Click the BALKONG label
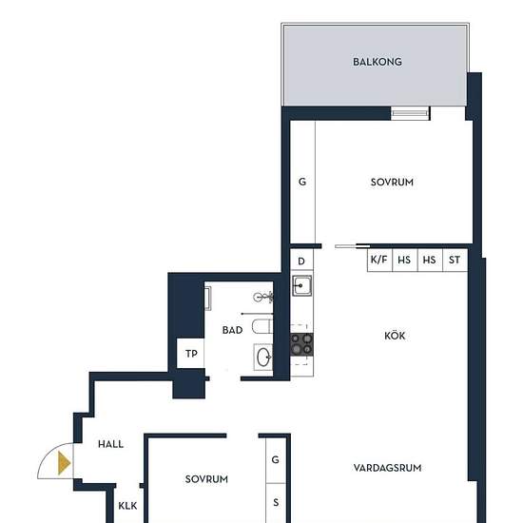(378, 62)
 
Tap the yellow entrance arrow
(64, 463)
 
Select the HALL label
(110, 444)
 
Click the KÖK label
(395, 336)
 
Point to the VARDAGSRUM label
(387, 468)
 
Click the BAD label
(232, 330)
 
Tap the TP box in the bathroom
(190, 353)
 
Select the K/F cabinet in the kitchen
(379, 260)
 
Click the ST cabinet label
(455, 260)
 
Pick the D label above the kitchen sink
(301, 261)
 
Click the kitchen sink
(301, 285)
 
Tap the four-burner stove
(301, 344)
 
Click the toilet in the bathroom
(262, 326)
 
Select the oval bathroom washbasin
(263, 357)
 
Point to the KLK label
(127, 506)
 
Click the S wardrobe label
(276, 502)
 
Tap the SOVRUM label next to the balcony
(392, 183)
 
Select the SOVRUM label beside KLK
(206, 479)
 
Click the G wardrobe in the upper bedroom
(302, 183)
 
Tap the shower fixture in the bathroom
(263, 297)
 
